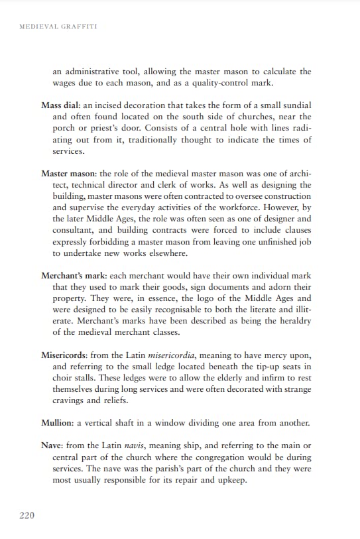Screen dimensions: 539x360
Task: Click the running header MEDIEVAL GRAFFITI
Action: (x=59, y=27)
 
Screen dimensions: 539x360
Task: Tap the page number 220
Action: (x=27, y=514)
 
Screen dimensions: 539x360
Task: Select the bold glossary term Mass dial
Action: (x=60, y=105)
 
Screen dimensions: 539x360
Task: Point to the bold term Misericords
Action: (x=64, y=355)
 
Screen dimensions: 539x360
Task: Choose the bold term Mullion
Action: (x=56, y=423)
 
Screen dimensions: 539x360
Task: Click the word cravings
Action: (x=72, y=400)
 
